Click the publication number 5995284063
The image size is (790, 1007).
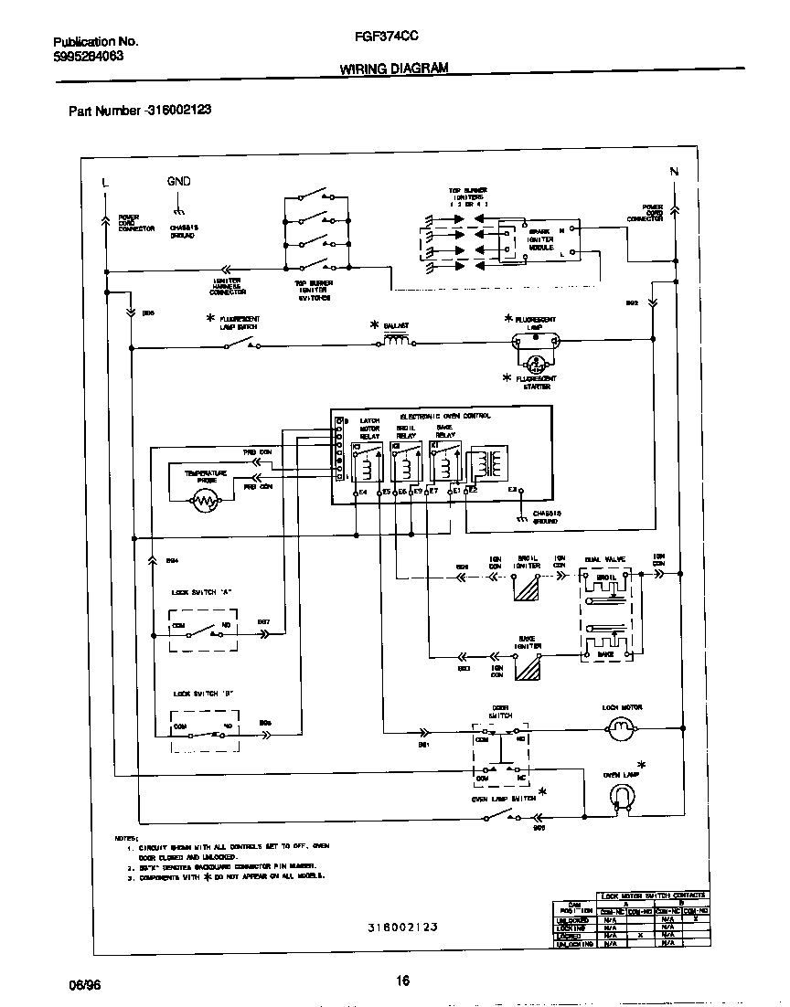tap(88, 56)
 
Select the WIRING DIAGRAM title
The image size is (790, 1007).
tap(394, 69)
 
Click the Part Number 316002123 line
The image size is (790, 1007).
tap(140, 110)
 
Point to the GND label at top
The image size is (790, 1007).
tap(178, 181)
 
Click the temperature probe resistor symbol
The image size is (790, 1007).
tap(205, 500)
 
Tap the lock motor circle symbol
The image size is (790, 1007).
tap(621, 726)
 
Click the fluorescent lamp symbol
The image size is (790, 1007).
tap(532, 344)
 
